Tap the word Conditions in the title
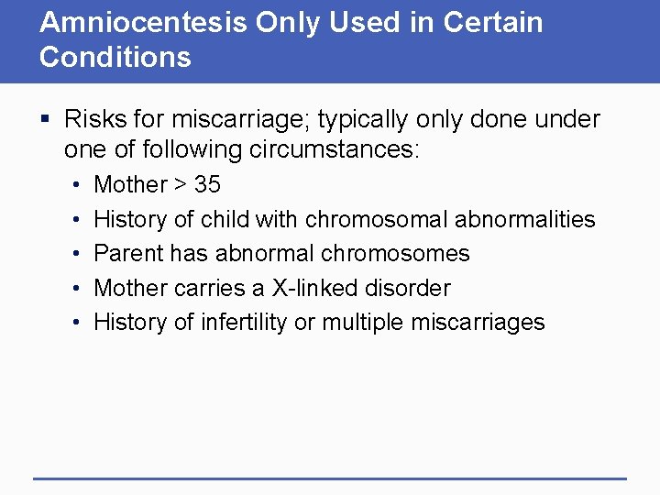coord(115,58)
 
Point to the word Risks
coord(95,119)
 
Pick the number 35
coord(207,184)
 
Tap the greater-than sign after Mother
coord(180,185)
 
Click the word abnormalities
coord(524,219)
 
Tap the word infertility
coord(236,322)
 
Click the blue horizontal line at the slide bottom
coord(330,478)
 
